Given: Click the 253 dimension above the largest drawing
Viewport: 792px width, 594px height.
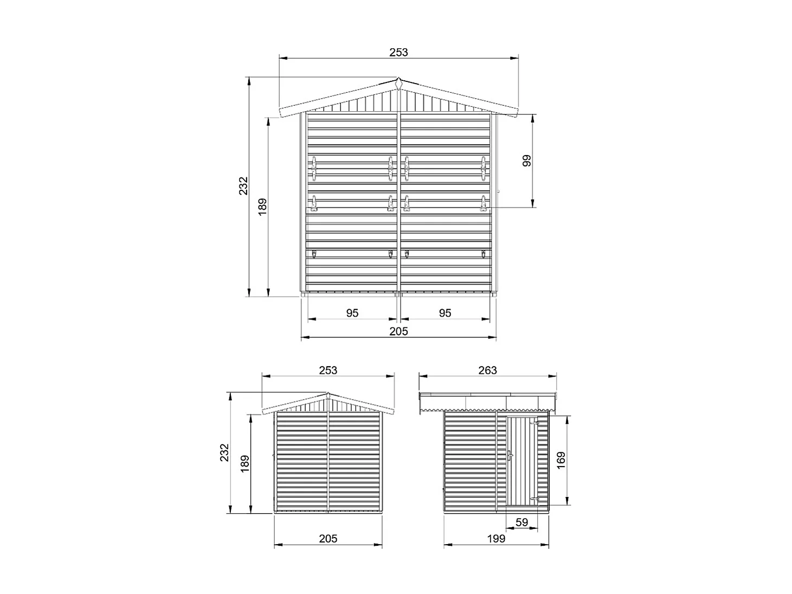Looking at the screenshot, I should pyautogui.click(x=398, y=53).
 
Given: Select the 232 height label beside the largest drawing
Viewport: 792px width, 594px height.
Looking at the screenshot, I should pyautogui.click(x=243, y=186).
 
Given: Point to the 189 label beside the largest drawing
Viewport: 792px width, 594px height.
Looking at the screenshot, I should pyautogui.click(x=262, y=207).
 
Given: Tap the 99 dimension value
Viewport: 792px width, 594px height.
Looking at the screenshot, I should pyautogui.click(x=526, y=161).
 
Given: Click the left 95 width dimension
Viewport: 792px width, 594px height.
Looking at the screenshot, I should pyautogui.click(x=352, y=313).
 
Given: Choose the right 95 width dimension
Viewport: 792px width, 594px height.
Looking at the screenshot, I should pyautogui.click(x=445, y=313).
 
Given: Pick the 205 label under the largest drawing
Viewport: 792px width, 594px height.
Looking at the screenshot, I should pyautogui.click(x=398, y=331).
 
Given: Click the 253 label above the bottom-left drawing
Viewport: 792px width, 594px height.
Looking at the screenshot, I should pyautogui.click(x=328, y=371).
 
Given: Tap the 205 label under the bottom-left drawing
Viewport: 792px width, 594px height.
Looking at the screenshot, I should pyautogui.click(x=328, y=539).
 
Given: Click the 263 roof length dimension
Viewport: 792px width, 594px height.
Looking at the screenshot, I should pyautogui.click(x=488, y=371).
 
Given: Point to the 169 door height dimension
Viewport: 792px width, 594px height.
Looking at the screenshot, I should pyautogui.click(x=561, y=460).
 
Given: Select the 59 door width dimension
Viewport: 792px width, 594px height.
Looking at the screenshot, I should pyautogui.click(x=521, y=523).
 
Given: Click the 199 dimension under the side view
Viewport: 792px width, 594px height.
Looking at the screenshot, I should pyautogui.click(x=496, y=539).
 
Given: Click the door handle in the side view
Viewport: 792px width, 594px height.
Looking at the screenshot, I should pyautogui.click(x=510, y=455).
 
